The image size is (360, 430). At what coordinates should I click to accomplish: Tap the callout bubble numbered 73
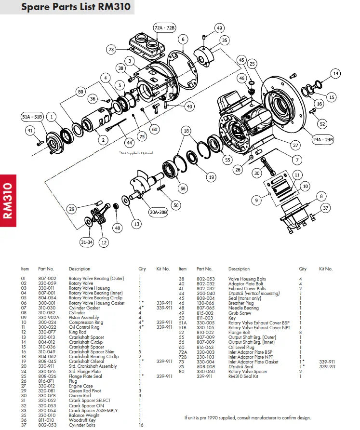[111, 49]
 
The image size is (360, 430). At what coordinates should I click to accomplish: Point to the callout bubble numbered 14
[336, 73]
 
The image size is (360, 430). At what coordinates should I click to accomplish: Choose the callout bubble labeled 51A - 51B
[32, 117]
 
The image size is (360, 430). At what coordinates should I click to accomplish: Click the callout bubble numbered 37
[326, 208]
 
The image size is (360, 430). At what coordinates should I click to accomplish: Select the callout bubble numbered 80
[80, 91]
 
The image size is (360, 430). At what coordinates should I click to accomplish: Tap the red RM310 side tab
[8, 201]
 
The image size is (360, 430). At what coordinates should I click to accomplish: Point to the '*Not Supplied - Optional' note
[136, 153]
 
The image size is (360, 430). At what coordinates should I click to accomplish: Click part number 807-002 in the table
[47, 279]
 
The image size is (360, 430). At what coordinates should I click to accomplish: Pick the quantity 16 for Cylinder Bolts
[142, 425]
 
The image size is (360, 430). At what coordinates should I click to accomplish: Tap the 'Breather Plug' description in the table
[241, 303]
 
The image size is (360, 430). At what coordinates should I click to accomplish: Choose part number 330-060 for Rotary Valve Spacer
[205, 371]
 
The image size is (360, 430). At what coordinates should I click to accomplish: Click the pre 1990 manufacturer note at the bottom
[248, 418]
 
